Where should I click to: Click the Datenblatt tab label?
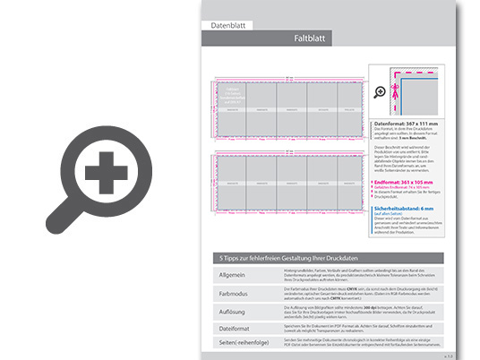click(227, 27)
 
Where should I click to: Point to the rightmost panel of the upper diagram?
click(346, 107)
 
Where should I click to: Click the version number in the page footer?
click(447, 354)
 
